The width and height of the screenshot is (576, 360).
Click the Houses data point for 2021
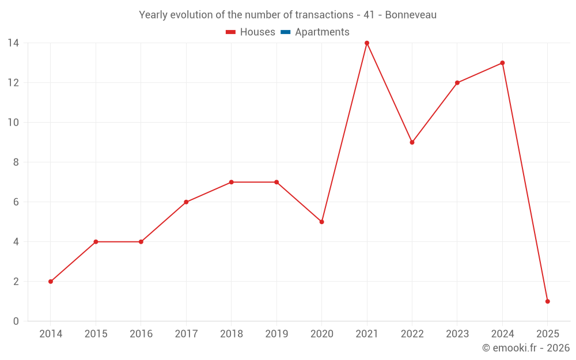367,43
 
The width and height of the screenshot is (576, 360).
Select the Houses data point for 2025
547,301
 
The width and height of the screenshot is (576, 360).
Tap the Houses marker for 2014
51,282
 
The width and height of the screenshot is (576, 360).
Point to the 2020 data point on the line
321,222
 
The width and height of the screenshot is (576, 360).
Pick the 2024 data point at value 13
502,63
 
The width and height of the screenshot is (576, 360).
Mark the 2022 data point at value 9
412,142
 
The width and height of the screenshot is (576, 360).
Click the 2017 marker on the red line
186,202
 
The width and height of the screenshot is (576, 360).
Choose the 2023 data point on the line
457,82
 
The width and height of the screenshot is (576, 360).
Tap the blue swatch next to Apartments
285,32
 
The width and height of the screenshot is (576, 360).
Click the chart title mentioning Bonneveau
287,15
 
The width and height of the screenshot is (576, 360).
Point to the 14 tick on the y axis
13,43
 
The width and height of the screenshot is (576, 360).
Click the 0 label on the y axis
16,321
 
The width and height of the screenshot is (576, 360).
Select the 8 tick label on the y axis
16,162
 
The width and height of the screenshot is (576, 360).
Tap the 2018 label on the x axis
231,334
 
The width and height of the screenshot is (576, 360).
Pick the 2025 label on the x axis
547,334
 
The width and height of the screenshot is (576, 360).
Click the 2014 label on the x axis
51,334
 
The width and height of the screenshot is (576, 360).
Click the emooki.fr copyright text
525,348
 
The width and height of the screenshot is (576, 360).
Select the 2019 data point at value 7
276,182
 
